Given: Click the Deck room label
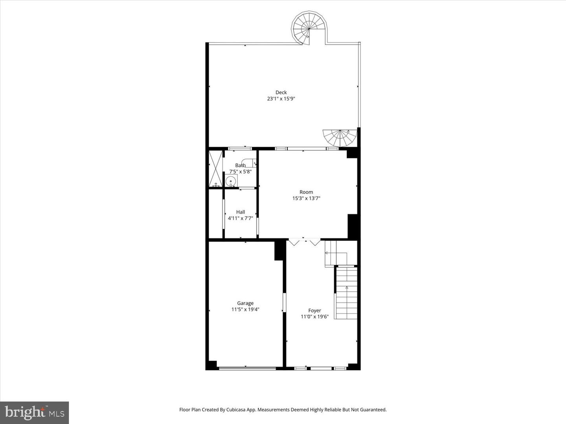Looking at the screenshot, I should click(281, 93).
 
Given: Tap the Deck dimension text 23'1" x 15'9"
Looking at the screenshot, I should click(281, 99).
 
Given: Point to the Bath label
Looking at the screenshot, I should click(240, 165).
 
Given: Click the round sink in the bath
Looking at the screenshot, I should click(231, 181).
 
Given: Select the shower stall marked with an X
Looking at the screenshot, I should click(215, 168).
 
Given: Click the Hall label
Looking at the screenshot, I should click(241, 212).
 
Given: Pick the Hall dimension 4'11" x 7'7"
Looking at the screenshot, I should click(241, 218).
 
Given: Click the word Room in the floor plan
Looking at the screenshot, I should click(306, 192).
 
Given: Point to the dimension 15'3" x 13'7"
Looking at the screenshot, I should click(306, 199).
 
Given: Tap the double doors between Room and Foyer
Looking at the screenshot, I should click(304, 242).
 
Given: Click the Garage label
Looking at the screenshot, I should click(245, 303).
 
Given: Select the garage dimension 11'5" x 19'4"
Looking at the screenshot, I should click(245, 309).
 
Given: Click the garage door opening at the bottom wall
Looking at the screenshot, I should click(247, 368).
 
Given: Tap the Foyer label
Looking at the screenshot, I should click(314, 311).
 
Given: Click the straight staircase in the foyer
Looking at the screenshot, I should click(346, 293).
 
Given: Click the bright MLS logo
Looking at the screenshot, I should click(35, 413).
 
